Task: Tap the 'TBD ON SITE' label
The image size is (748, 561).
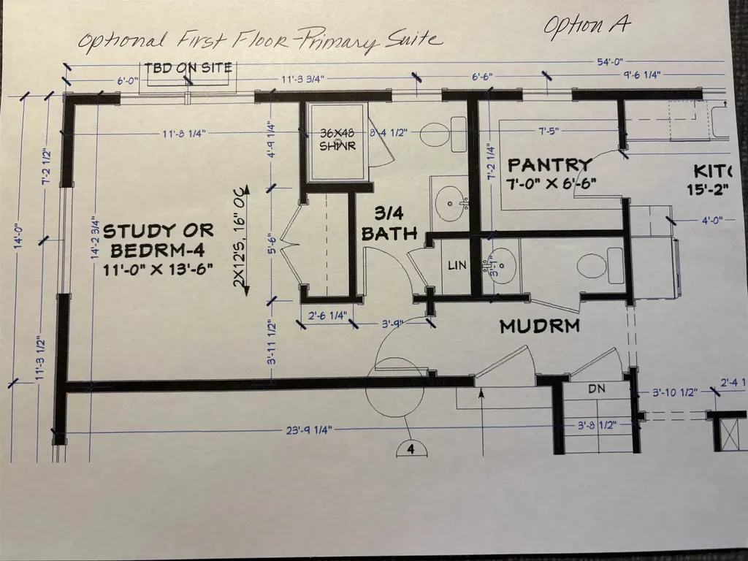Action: coord(188,68)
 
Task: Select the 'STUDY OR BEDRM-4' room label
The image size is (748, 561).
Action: coord(159,240)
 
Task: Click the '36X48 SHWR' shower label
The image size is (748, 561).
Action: coord(337,140)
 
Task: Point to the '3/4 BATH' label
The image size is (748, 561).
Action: coord(389,224)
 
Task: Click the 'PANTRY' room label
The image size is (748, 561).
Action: coord(549,164)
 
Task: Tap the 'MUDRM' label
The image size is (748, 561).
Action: coord(539,327)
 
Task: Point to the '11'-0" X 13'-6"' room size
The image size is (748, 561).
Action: coord(158,269)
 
